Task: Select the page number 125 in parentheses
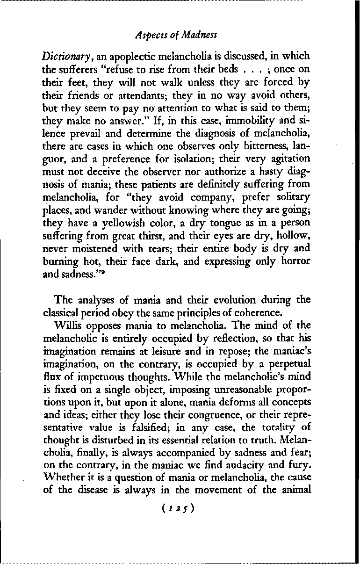(x=180, y=508)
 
